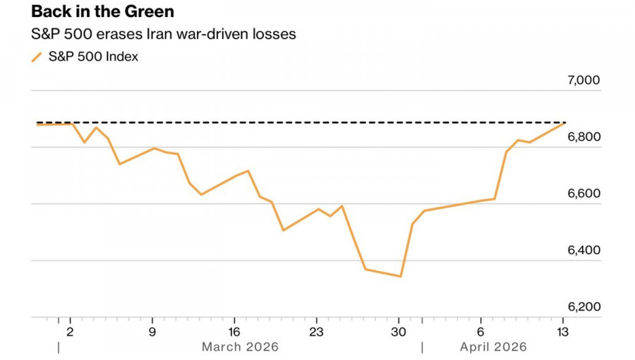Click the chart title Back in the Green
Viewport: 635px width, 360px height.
[102, 12]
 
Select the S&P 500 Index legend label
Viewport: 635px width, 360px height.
[93, 57]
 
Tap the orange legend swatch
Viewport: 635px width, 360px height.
[37, 57]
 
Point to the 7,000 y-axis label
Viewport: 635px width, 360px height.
[583, 80]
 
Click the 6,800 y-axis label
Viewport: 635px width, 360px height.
[583, 137]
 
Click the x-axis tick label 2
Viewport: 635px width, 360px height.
[70, 331]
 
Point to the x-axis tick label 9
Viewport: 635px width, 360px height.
[152, 331]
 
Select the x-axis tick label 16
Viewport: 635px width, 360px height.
[234, 331]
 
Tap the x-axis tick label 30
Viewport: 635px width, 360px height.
[399, 331]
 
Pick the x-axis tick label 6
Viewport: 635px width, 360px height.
[480, 331]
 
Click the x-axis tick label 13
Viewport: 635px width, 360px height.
[562, 331]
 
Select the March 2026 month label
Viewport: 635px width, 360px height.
[240, 347]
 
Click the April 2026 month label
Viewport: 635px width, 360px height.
[493, 347]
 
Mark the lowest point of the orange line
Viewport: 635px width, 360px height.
[400, 276]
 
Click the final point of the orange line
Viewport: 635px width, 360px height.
[563, 124]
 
